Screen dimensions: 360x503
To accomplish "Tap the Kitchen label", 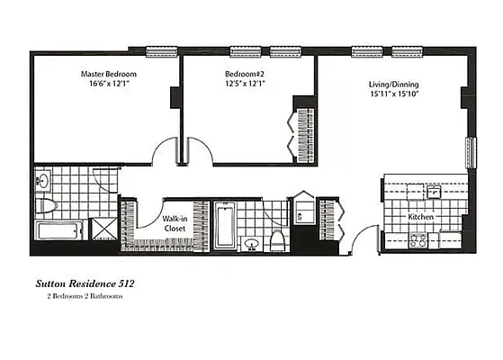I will pyautogui.click(x=421, y=218).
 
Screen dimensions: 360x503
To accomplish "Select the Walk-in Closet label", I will pyautogui.click(x=175, y=223).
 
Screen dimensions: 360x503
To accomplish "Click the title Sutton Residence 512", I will pyautogui.click(x=85, y=283).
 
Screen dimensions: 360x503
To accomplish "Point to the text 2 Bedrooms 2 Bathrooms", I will pyautogui.click(x=79, y=295).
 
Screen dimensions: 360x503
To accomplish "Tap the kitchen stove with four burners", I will pyautogui.click(x=418, y=240).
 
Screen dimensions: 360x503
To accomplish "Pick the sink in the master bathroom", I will pyautogui.click(x=44, y=181).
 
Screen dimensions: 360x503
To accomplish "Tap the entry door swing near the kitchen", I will pyautogui.click(x=364, y=238).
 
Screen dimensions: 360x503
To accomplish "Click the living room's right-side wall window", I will pyautogui.click(x=469, y=153).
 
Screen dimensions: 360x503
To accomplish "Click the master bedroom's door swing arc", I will pyautogui.click(x=165, y=150).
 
